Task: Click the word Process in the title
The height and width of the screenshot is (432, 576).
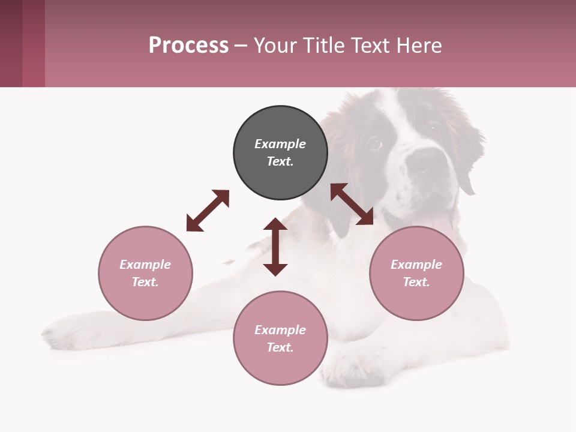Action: click(188, 46)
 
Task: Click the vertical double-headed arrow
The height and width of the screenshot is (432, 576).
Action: click(275, 247)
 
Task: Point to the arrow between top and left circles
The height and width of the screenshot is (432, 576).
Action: click(208, 211)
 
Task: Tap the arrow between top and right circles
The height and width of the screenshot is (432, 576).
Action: click(352, 204)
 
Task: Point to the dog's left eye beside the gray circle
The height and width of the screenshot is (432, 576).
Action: click(374, 143)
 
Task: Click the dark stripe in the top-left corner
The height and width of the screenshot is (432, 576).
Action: click(11, 43)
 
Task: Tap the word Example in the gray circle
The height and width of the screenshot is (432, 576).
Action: click(280, 144)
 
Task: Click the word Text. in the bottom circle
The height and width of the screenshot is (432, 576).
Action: click(280, 347)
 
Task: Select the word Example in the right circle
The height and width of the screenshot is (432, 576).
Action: click(416, 265)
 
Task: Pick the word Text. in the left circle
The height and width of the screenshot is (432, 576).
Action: click(145, 282)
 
